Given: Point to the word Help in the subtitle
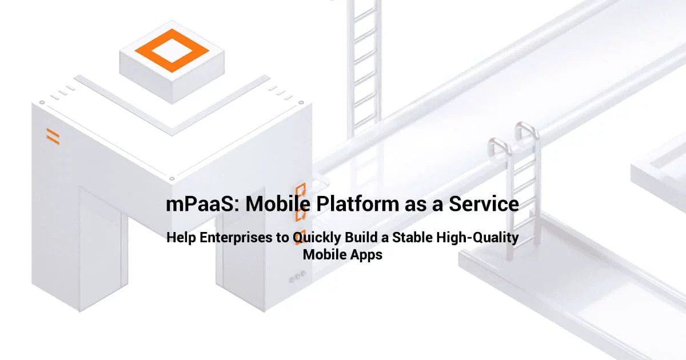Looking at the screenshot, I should tap(180, 238).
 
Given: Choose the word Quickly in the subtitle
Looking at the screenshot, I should tap(316, 238).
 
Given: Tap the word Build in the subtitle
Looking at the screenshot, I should tap(359, 238).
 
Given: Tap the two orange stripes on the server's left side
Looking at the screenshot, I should tap(53, 137).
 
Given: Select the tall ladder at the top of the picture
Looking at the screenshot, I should tap(364, 57).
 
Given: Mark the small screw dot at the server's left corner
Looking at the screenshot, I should tap(42, 103).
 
